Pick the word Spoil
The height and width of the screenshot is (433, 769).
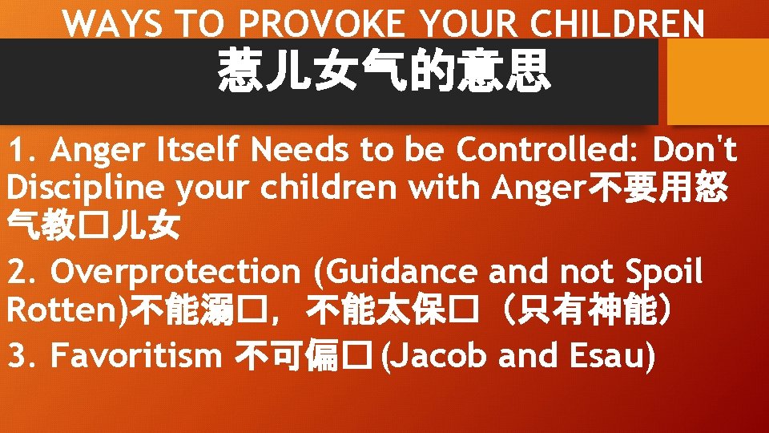pyautogui.click(x=663, y=273)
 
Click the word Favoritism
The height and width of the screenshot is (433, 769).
pyautogui.click(x=136, y=356)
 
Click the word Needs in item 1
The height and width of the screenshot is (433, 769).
pyautogui.click(x=298, y=149)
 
